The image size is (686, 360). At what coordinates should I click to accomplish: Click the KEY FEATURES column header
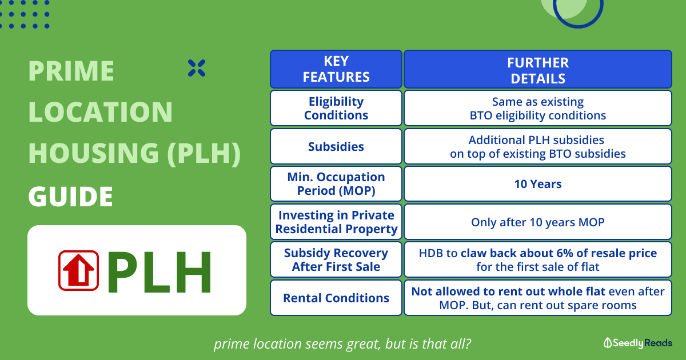[x=336, y=69]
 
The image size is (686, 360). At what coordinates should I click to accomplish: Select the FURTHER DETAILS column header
[x=538, y=69]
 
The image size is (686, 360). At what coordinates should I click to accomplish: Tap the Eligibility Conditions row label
[x=336, y=108]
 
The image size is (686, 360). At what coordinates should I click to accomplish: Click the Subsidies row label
[x=336, y=146]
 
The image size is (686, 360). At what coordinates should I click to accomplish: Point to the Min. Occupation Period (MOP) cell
[x=336, y=183]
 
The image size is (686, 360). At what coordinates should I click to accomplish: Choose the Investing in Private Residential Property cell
[x=336, y=222]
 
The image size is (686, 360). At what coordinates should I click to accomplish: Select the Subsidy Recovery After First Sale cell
[x=336, y=259]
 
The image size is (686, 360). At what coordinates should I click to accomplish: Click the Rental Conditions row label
[x=336, y=298]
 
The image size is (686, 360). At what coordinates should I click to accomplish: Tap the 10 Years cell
[x=538, y=183]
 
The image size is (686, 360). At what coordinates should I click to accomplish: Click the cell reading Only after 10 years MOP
[x=538, y=222]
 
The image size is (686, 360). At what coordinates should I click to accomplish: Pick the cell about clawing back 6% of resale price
[x=538, y=259]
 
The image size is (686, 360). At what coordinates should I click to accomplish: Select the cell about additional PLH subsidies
[x=538, y=146]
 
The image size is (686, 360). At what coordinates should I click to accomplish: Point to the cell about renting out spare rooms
[x=538, y=298]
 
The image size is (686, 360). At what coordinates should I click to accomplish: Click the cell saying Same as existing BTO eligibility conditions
[x=538, y=108]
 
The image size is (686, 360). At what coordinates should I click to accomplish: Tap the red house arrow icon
[x=78, y=270]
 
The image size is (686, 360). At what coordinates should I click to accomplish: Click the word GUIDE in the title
[x=70, y=196]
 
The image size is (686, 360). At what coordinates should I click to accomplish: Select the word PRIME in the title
[x=71, y=71]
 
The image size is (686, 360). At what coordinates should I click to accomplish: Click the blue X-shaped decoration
[x=197, y=68]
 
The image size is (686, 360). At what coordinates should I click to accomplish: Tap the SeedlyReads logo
[x=637, y=343]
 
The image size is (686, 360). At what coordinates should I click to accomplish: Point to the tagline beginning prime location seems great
[x=342, y=344]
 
